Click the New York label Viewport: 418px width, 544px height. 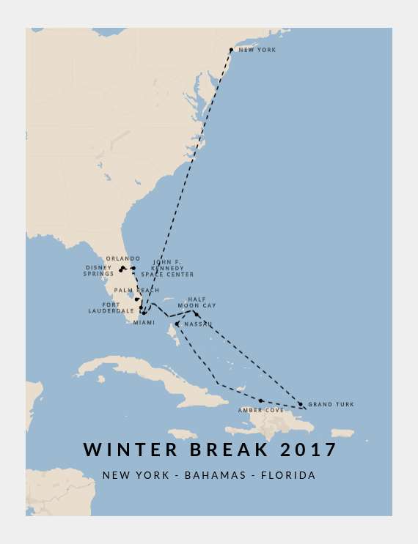[x=257, y=50]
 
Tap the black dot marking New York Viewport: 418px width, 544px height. [x=231, y=50]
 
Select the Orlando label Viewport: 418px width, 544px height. [x=122, y=258]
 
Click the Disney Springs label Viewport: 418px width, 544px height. [x=98, y=271]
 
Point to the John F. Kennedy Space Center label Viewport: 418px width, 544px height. [x=172, y=268]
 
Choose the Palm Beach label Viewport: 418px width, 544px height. [x=136, y=291]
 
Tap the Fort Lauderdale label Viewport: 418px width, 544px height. [x=111, y=308]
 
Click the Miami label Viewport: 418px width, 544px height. [x=144, y=323]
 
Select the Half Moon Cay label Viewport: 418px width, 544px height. [x=202, y=302]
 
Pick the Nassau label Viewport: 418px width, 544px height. [x=198, y=324]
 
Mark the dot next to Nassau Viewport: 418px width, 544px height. [x=177, y=324]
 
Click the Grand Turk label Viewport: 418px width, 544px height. [x=331, y=404]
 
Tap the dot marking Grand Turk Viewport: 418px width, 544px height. [x=300, y=404]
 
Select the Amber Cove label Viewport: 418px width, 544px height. [x=260, y=410]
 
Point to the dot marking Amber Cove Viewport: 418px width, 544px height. [x=260, y=400]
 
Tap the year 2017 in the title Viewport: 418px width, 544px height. [x=307, y=449]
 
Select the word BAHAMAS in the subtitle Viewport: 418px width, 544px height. [x=215, y=475]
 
